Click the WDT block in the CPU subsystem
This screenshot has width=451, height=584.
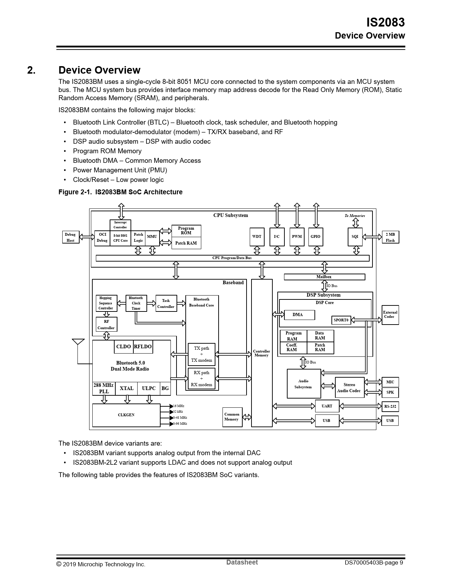pos(257,237)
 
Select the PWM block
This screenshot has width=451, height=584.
pos(297,237)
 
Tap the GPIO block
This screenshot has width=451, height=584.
pos(315,237)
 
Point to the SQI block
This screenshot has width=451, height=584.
pos(355,237)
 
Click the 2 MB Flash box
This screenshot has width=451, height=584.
pos(390,237)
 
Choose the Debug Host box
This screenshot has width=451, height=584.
pos(70,237)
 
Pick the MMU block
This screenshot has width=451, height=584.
pos(152,237)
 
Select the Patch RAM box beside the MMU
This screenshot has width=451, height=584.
pos(186,243)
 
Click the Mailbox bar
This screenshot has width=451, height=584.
pos(324,277)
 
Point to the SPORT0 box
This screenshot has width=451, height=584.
pos(341,320)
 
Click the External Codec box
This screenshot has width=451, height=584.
pos(390,315)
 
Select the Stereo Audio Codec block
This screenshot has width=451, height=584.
pos(349,388)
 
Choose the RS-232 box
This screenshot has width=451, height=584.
pos(390,406)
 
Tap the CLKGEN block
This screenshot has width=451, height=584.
pos(126,415)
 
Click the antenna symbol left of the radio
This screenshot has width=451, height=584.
pos(78,342)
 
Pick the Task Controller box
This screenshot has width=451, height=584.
pos(166,304)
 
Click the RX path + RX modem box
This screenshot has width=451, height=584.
pos(202,379)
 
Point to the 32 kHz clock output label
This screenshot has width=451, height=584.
pos(178,412)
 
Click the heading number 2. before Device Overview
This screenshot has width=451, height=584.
pos(31,70)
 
